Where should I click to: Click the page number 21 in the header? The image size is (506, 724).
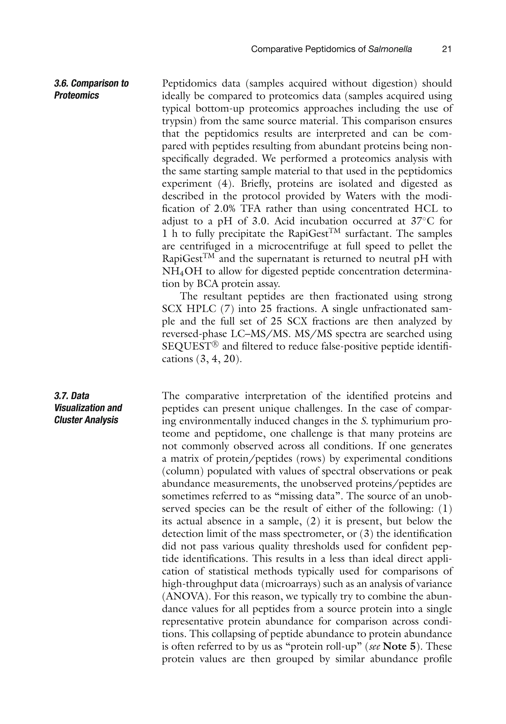click(446, 49)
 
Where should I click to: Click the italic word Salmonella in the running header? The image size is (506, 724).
click(390, 49)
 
